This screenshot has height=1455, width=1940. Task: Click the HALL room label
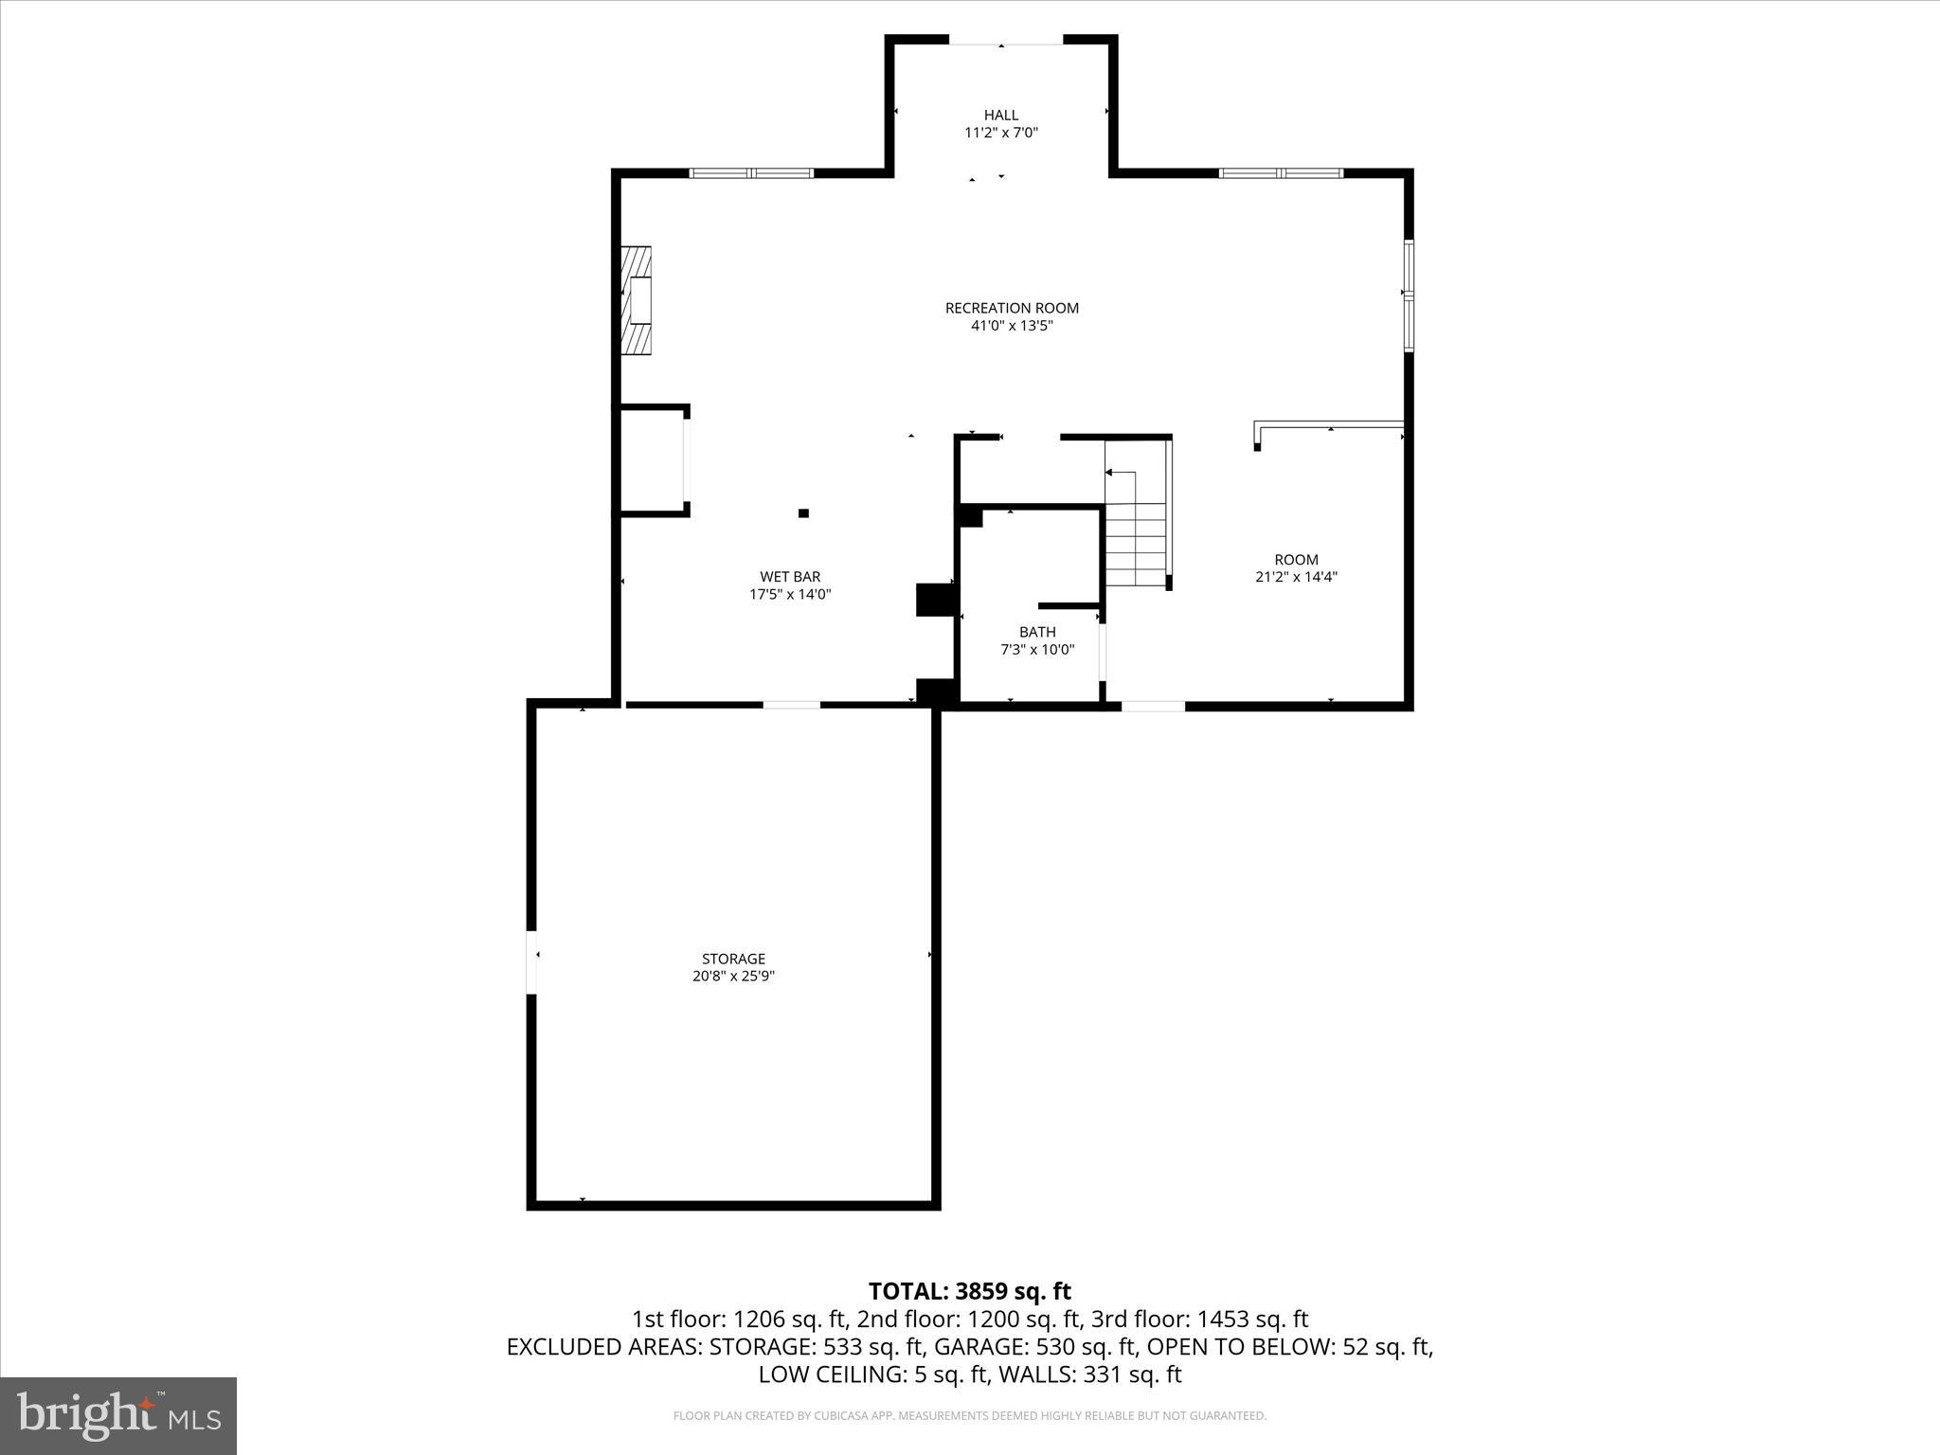[x=1000, y=116]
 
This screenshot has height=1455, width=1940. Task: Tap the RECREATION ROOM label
[x=1012, y=308]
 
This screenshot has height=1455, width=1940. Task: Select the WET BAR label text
[x=790, y=577]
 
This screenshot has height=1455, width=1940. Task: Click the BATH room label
[x=1037, y=632]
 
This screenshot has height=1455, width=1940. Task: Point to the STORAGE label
[x=733, y=959]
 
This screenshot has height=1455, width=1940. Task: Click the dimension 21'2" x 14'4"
[x=1296, y=577]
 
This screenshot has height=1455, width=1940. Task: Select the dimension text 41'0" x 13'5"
[x=1012, y=326]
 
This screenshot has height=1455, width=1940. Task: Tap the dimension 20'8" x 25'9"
[x=733, y=977]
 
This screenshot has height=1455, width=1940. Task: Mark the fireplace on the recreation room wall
[x=637, y=300]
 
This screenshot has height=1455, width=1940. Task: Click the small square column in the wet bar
[x=803, y=513]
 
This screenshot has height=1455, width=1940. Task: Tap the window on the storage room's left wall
[x=532, y=961]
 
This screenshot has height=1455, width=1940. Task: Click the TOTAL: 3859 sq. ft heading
[x=969, y=1291]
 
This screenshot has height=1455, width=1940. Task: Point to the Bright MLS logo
[x=118, y=1415]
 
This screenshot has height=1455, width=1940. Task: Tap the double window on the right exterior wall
[x=1409, y=296]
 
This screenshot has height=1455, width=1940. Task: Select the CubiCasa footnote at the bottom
[x=969, y=1416]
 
